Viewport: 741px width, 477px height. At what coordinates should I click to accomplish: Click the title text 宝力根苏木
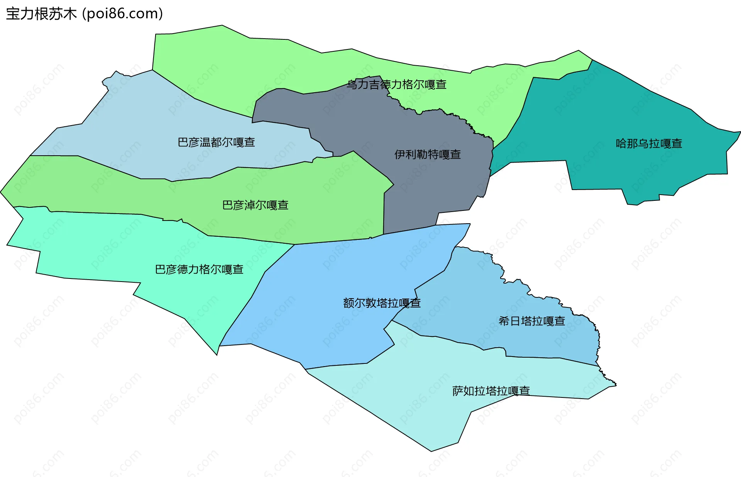41,14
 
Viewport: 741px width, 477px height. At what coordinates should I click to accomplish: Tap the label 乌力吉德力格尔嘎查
396,85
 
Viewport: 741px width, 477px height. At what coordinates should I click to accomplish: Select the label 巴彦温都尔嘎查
216,143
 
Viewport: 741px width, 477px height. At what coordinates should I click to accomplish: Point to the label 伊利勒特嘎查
427,155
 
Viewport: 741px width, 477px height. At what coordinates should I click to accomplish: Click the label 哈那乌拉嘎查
649,144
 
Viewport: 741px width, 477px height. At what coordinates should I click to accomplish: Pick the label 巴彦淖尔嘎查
255,205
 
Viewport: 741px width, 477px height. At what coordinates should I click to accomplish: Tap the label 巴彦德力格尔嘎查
199,269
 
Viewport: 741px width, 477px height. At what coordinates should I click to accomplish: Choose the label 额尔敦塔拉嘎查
381,303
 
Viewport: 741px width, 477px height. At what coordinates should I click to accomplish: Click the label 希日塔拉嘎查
531,321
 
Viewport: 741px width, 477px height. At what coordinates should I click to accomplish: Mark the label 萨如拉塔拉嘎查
491,391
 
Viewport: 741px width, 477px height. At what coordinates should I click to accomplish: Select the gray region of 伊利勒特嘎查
425,185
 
